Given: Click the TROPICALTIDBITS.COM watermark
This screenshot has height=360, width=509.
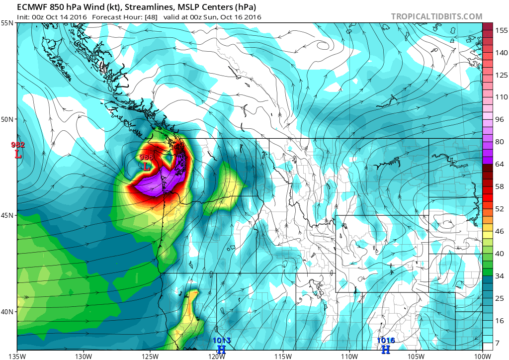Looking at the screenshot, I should coord(436,16).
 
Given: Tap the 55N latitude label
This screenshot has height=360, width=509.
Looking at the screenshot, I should coord(7,23).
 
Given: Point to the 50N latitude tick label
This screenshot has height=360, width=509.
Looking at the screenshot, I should coord(7,119).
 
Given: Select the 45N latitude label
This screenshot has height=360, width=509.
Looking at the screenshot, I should coord(7,215).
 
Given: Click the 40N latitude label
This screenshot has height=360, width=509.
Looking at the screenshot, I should coord(7,312).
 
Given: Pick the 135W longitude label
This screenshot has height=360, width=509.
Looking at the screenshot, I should coord(17,356).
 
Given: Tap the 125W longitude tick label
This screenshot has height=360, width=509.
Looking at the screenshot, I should coord(150,356).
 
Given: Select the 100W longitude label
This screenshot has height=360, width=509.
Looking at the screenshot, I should coord(483,356).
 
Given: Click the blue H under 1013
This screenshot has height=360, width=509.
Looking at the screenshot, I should coord(222,350).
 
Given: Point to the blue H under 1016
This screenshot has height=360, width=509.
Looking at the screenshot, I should coord(386,350).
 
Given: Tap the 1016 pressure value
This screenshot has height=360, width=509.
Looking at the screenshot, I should coord(386,341).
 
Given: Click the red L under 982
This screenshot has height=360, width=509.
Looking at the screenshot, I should coord(18,154).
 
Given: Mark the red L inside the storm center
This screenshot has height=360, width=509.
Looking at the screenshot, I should coord(146,167).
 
